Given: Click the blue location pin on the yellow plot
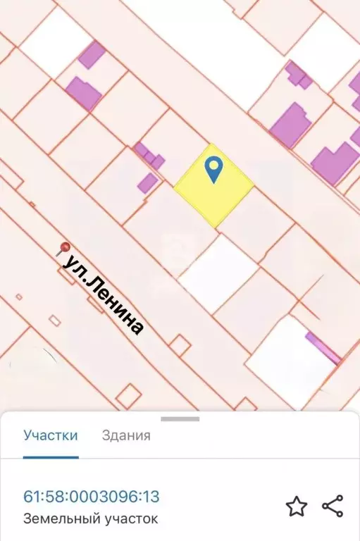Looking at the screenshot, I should (x=213, y=169).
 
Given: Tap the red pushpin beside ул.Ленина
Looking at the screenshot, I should (x=64, y=248).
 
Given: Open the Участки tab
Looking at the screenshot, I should (x=51, y=435).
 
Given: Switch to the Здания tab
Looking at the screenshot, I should (x=126, y=435).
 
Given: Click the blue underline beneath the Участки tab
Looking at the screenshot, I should (x=51, y=456).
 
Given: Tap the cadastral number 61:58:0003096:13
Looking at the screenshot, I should (x=92, y=497).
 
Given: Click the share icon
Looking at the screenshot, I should (x=333, y=506).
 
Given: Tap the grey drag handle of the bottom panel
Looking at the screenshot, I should (x=180, y=419).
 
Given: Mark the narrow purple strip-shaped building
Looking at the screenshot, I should (x=323, y=347).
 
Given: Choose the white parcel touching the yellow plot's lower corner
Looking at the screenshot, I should (x=219, y=273).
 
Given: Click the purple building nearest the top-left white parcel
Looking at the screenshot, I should (x=92, y=54).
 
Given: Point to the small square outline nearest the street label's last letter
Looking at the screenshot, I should (x=180, y=345).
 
